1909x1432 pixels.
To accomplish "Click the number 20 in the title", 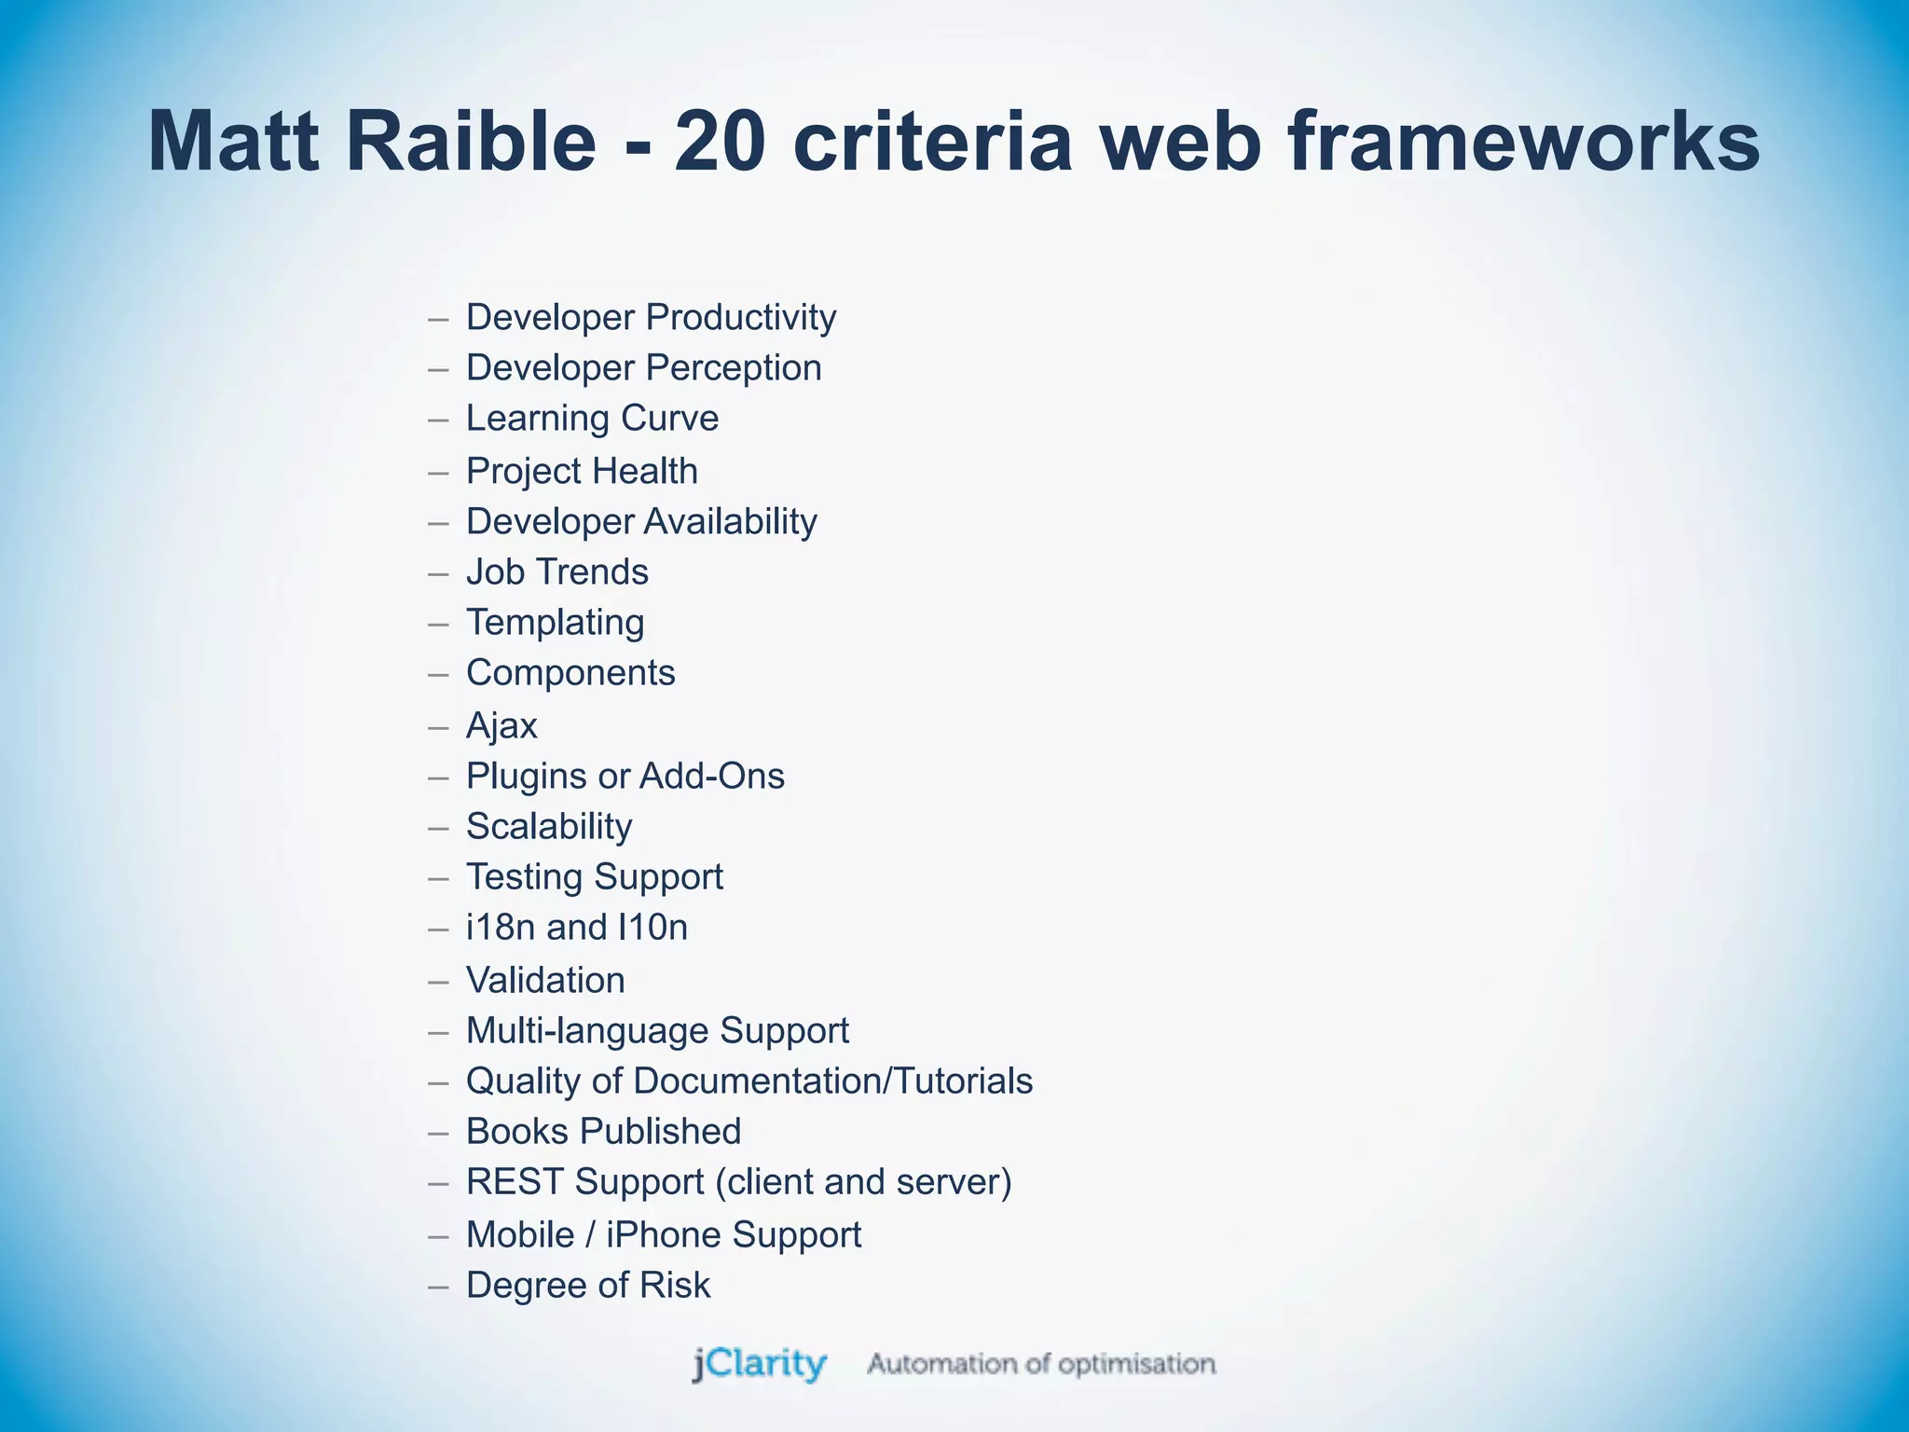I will pos(720,143).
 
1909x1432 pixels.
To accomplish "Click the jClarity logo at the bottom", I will pos(759,1365).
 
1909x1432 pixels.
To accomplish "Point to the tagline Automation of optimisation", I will pos(1041,1365).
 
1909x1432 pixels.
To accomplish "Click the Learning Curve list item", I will pos(592,419).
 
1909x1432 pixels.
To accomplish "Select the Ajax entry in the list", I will pos(501,726).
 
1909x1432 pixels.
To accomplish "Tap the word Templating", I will pos(555,623).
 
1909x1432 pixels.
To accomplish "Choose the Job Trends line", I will pos(556,572).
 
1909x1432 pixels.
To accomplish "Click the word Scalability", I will pos(549,827).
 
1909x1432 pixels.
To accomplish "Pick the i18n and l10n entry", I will pos(576,928).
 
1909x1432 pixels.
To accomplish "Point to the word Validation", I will pos(545,981).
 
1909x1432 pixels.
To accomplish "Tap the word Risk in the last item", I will pos(674,1286).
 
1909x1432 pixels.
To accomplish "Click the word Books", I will pos(516,1132).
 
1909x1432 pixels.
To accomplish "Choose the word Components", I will pos(570,673).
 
